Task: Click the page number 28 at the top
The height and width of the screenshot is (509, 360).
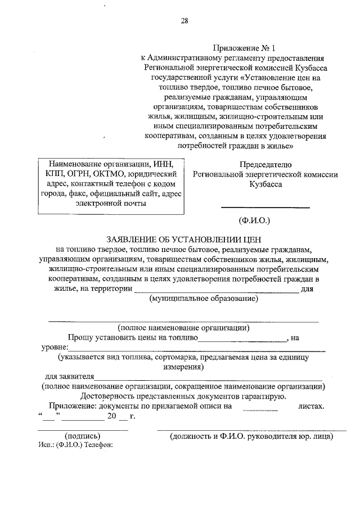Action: click(184, 21)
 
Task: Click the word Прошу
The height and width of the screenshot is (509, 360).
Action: click(79, 337)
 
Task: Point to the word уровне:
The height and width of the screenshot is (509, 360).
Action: click(55, 348)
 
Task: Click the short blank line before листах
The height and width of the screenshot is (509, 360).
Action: click(259, 407)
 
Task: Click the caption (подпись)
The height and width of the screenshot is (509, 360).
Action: click(83, 436)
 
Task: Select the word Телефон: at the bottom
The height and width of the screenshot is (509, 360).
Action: click(100, 444)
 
